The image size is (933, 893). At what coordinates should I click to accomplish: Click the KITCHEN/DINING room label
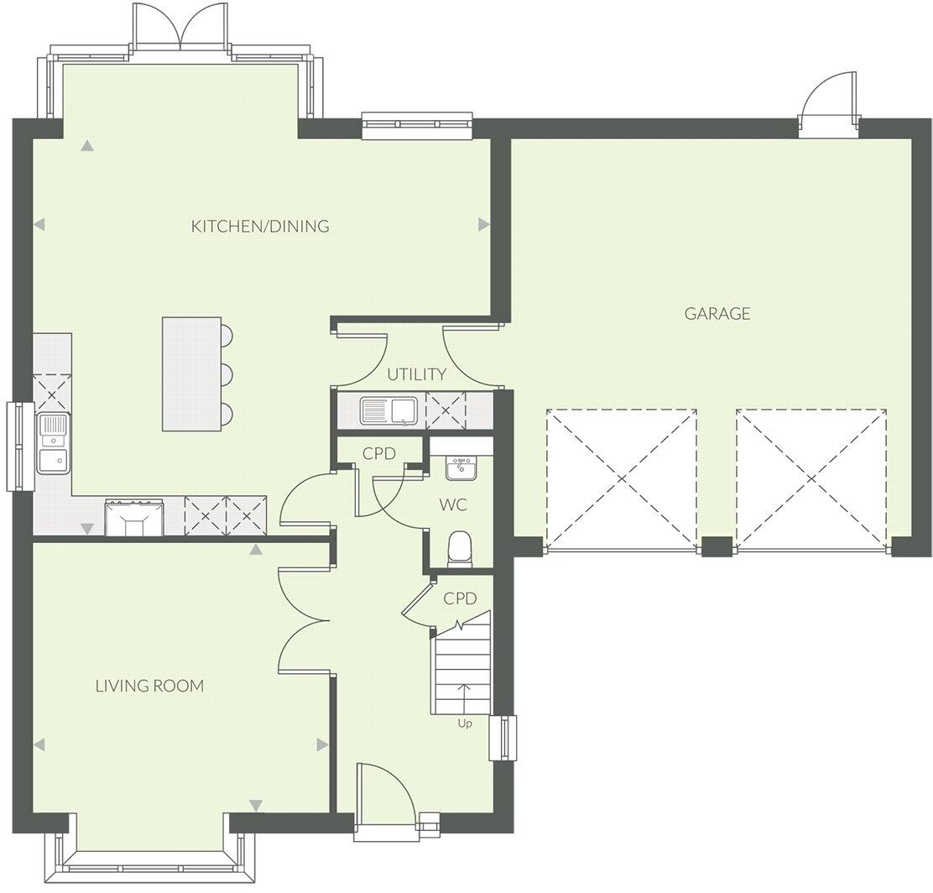point(260,226)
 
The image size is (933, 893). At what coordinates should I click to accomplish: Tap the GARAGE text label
point(717,314)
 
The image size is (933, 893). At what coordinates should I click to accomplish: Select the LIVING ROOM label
point(149,686)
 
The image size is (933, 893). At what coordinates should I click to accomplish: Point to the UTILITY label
point(416,374)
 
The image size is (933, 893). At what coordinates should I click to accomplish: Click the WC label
point(453,505)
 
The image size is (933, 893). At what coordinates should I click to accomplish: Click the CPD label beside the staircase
point(460,598)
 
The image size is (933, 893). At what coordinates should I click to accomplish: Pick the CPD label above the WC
point(379,453)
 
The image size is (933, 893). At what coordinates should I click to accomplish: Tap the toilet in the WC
point(459,550)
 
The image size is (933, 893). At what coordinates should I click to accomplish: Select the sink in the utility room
point(389,411)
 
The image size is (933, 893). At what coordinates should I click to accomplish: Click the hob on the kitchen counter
point(134,517)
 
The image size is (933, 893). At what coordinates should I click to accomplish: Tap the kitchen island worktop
point(191,373)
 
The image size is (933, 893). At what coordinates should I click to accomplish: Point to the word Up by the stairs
point(464,723)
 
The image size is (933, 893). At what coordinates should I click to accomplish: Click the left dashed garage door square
point(621,478)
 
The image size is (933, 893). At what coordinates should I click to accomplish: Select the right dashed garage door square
point(811,478)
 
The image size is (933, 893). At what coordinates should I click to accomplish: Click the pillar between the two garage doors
point(716,546)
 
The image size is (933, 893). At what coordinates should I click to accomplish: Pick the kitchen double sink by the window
point(53,442)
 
